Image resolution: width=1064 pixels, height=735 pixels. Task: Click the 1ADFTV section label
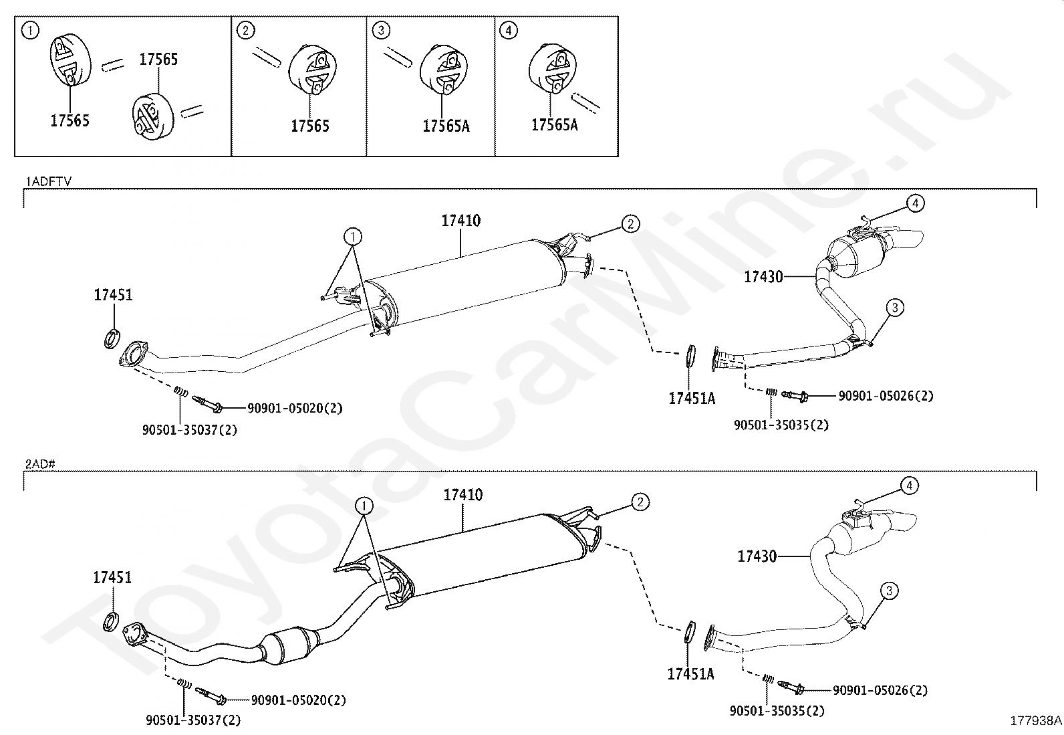click(48, 181)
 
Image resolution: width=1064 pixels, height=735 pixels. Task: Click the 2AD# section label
click(39, 463)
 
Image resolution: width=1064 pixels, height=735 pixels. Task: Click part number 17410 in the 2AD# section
click(463, 495)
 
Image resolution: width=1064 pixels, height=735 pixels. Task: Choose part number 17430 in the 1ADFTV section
click(763, 276)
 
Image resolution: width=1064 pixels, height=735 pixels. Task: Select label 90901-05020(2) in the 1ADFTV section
click(295, 408)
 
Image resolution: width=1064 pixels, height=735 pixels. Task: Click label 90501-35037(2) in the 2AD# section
click(193, 720)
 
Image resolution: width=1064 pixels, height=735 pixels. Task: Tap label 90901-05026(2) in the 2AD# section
click(880, 690)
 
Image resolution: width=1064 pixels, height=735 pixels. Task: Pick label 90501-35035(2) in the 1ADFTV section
click(781, 425)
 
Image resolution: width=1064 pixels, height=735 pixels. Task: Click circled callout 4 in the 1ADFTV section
click(915, 203)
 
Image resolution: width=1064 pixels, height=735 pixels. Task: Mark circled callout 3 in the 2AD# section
click(889, 591)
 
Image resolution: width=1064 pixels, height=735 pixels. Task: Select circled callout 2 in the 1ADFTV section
click(630, 224)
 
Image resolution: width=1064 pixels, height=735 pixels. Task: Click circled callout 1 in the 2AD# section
click(364, 506)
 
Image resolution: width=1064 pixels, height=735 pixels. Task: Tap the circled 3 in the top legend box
click(380, 30)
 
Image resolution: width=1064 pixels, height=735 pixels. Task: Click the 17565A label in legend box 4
click(554, 124)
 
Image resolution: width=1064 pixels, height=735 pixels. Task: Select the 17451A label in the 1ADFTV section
click(692, 399)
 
